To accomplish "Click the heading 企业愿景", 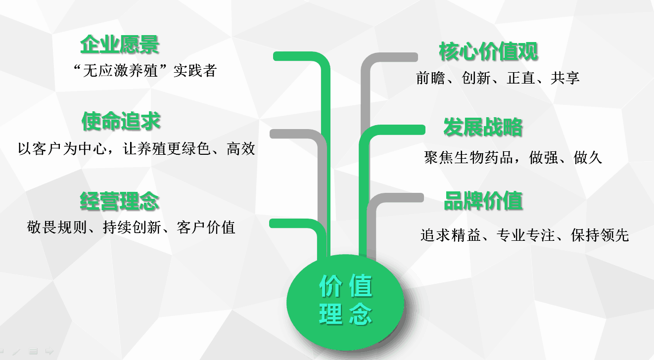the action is [x=120, y=45].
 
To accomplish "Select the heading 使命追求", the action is [x=121, y=121].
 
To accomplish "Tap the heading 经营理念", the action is [x=119, y=201].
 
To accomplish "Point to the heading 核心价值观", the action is [x=488, y=51].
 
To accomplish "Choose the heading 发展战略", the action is [x=483, y=127].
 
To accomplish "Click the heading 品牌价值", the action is [x=483, y=201].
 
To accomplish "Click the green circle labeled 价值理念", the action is [x=345, y=302].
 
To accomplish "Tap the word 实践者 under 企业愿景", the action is [x=195, y=71].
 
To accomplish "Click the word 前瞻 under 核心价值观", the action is [x=430, y=78].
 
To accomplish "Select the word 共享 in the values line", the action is [x=565, y=78].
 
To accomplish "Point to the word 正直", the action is [x=521, y=78].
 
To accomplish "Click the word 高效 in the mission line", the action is [x=241, y=148].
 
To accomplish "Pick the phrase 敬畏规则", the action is [x=56, y=227].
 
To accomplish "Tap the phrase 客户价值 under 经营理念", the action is [x=206, y=227].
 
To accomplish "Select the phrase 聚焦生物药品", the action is [x=468, y=158].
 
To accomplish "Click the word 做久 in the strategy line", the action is [x=588, y=158].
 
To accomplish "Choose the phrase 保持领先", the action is [x=600, y=235].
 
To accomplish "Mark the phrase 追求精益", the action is [x=450, y=235].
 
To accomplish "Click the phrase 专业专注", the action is [x=525, y=235].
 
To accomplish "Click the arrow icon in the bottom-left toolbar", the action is [x=49, y=351].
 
